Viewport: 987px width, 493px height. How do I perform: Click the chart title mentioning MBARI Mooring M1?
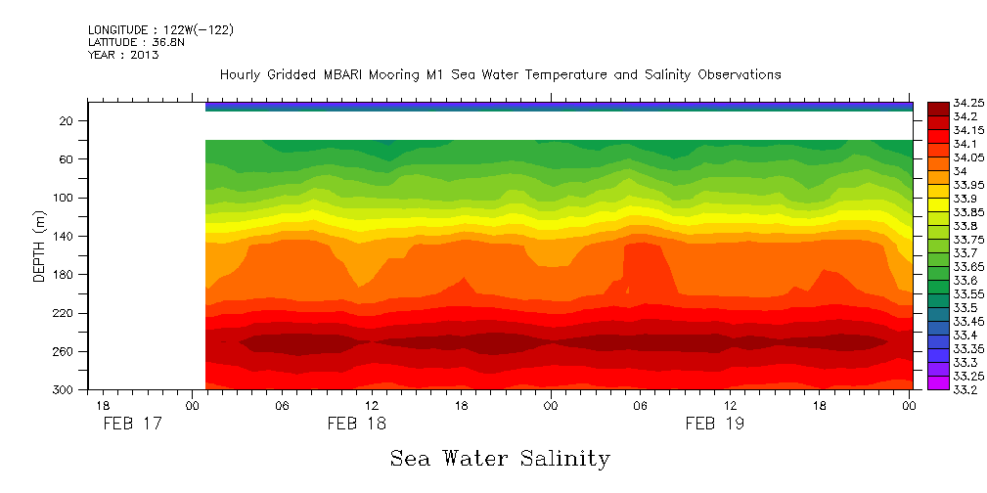coord(500,74)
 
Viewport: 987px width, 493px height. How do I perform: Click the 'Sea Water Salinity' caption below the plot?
coord(500,458)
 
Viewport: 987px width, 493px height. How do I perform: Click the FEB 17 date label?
coord(131,424)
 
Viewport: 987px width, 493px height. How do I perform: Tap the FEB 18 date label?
coord(356,424)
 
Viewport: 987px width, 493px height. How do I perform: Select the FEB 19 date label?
coord(714,424)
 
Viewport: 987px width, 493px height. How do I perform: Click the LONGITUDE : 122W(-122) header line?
coord(160,30)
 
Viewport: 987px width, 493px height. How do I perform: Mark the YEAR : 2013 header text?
coord(123,55)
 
